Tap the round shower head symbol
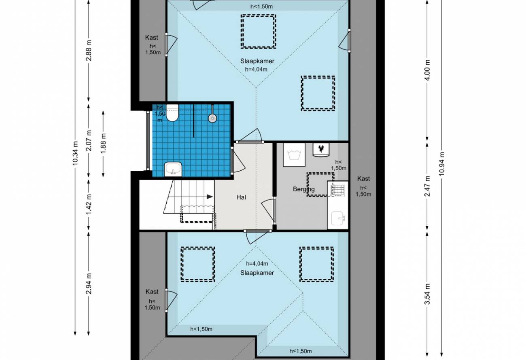pos(212,118)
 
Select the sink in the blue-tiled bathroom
pos(173,169)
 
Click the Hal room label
pos(241,197)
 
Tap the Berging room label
pos(304,189)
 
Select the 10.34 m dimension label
pos(75,153)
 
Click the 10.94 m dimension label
pos(442,164)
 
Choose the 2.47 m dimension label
pos(427,186)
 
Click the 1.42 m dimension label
pos(89,204)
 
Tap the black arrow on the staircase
pos(210,197)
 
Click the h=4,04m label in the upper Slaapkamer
pos(256,70)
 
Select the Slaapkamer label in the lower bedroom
pos(257,273)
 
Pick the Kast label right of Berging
pos(363,179)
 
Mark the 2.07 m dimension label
pos(89,140)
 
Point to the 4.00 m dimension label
pos(427,70)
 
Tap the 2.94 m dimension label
pos(89,284)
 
